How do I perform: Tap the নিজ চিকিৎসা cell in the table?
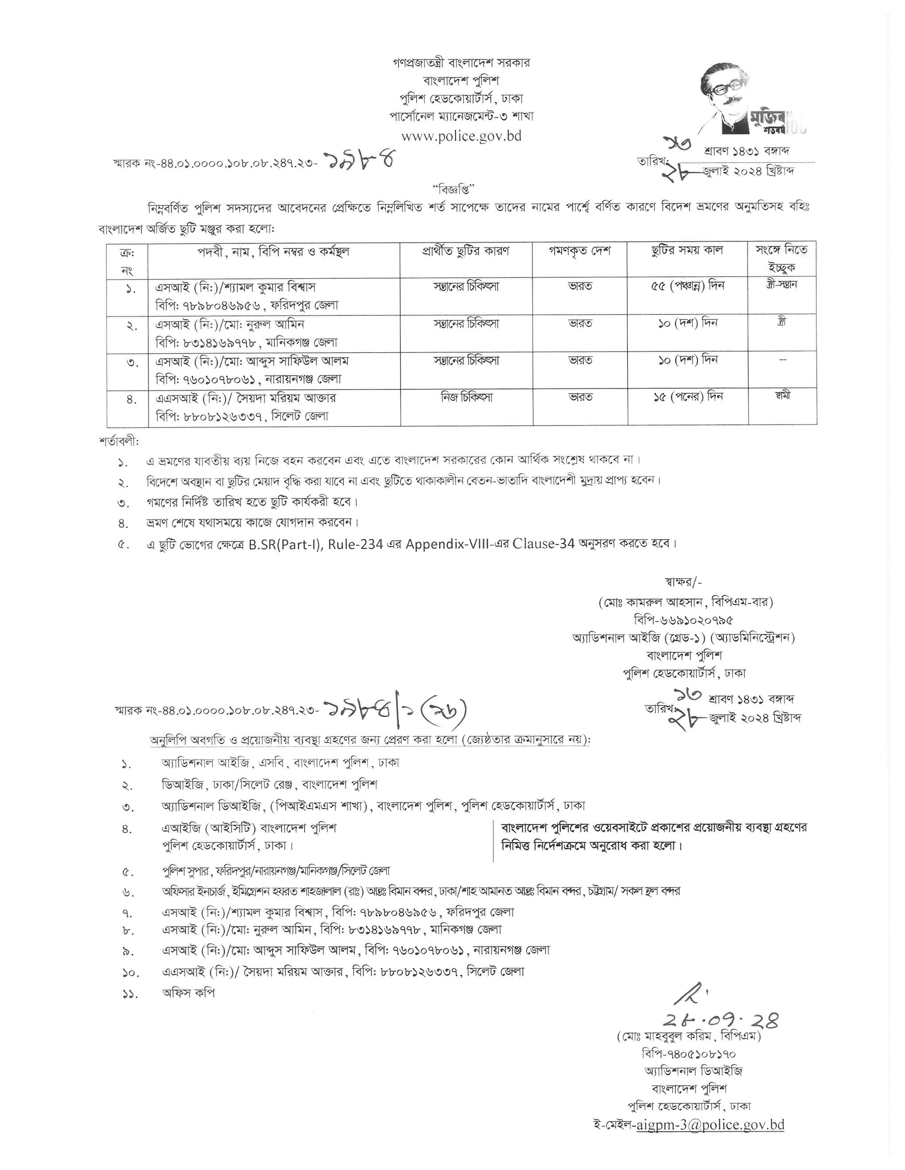pos(466,397)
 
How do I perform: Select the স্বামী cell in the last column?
pos(782,396)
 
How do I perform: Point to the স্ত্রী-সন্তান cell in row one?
pos(782,285)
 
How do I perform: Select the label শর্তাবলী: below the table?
pos(119,442)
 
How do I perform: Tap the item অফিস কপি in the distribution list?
pos(188,993)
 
